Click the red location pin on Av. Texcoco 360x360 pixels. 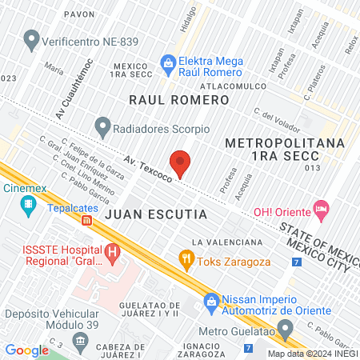pos(181,162)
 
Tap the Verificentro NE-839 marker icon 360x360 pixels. pos(32,38)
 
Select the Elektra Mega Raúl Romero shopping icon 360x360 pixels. pos(169,62)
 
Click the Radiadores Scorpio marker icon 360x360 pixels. pos(102,126)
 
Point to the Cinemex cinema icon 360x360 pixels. pos(29,207)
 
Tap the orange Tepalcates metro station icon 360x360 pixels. pos(86,219)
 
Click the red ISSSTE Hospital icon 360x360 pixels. pos(113,254)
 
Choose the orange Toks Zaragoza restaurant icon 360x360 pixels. pos(186,259)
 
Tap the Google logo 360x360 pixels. pos(27,350)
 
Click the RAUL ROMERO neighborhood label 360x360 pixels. pos(179,100)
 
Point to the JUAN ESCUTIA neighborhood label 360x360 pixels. pos(155,215)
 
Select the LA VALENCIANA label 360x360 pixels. pos(227,242)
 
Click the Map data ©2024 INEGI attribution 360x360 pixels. pos(312,354)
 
